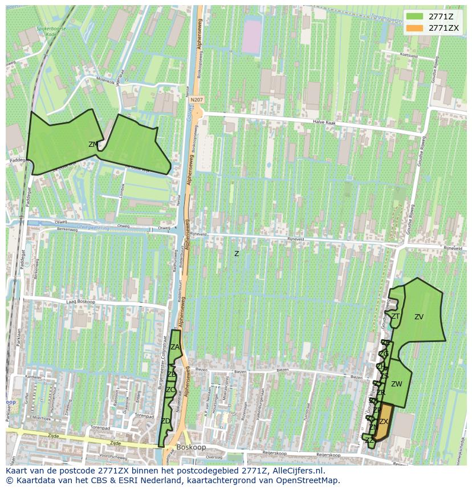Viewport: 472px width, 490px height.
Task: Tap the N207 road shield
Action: [x=197, y=100]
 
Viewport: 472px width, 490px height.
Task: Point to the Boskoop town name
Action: [x=191, y=447]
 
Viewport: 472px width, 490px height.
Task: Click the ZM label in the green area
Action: [x=93, y=145]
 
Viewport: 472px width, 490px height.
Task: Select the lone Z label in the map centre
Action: [x=237, y=254]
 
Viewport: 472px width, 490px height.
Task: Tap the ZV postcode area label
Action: [x=419, y=317]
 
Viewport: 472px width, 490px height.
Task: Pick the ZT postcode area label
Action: [x=395, y=316]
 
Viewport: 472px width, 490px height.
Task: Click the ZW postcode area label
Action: [x=397, y=384]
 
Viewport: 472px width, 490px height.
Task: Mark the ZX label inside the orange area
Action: [x=384, y=422]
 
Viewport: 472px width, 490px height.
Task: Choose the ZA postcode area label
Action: [x=175, y=347]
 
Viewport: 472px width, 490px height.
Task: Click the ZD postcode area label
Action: [x=166, y=421]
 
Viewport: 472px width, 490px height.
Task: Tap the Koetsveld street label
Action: [x=409, y=56]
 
